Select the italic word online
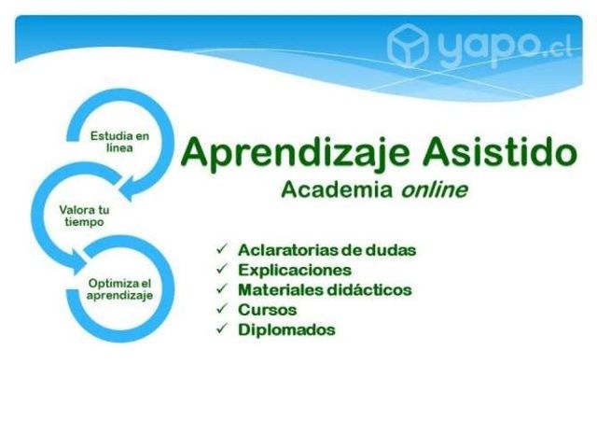(435, 189)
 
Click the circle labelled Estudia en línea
(118, 142)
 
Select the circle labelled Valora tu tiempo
(84, 216)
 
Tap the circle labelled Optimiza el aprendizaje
(118, 289)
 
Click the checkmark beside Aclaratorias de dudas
(221, 249)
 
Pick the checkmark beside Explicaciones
(221, 270)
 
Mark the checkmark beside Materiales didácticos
(221, 289)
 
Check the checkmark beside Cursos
(221, 309)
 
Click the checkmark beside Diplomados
(221, 329)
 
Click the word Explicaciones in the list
(294, 270)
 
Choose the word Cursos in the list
(268, 309)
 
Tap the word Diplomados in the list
(285, 329)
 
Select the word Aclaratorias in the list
(291, 249)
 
